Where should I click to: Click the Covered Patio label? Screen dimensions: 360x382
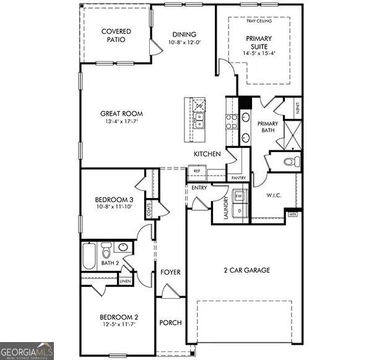click(x=116, y=35)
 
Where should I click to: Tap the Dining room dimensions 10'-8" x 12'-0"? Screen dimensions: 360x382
click(x=184, y=43)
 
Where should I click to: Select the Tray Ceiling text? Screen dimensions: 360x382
click(x=259, y=21)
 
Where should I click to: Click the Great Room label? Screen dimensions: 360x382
click(x=122, y=113)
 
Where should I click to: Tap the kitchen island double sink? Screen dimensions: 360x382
click(x=199, y=118)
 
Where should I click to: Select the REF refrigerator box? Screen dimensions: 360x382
click(x=198, y=171)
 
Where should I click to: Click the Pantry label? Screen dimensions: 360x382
click(x=238, y=178)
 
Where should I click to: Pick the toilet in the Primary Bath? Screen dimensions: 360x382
click(x=290, y=162)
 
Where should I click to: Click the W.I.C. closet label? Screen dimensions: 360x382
click(x=274, y=195)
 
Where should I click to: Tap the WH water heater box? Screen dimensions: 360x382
click(x=292, y=214)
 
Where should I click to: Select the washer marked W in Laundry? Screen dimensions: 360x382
click(x=239, y=197)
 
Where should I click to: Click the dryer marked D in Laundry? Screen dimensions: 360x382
click(x=239, y=211)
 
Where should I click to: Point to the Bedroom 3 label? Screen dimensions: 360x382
click(x=114, y=199)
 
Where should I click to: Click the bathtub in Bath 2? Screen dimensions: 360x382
click(x=90, y=255)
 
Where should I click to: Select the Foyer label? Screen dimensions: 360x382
click(x=170, y=272)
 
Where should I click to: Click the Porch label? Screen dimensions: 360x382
click(x=170, y=323)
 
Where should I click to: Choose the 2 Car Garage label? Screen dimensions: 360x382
click(x=246, y=270)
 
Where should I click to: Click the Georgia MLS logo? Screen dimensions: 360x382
click(x=27, y=350)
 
